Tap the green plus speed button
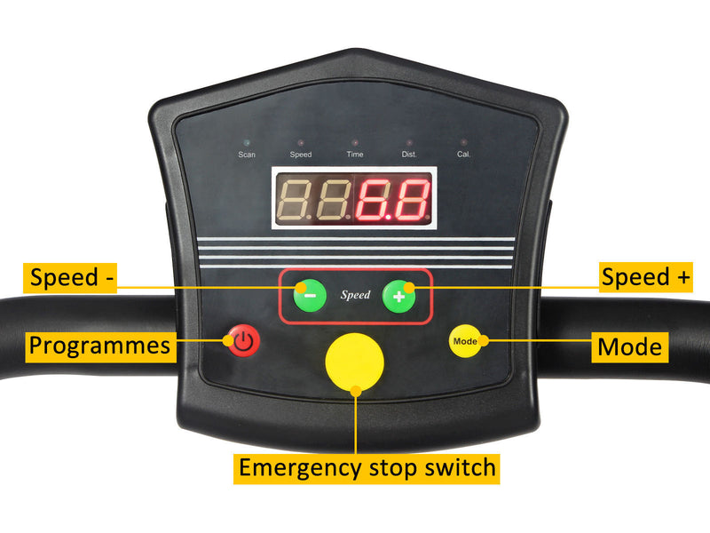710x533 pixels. coord(398,297)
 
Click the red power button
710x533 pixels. coord(243,340)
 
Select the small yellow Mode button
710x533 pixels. coord(465,341)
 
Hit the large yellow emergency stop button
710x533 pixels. coord(354,362)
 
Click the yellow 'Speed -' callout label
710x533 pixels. coord(70,278)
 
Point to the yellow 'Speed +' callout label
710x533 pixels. coord(646,277)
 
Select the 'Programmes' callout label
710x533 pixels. coord(100,347)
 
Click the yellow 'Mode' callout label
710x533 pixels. coord(630,347)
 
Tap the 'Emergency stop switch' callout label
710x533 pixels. coord(367,469)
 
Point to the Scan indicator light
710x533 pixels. coord(247,143)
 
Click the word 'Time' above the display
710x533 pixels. coord(355,154)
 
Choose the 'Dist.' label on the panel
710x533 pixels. coord(409,154)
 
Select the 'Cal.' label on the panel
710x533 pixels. coord(463,154)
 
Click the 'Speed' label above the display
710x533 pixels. coord(301,155)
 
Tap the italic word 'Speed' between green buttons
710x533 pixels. coord(356,295)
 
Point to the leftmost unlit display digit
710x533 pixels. coord(294,200)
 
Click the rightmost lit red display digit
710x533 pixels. coord(411,200)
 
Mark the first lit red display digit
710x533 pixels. coord(373,200)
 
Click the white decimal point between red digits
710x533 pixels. coord(388,218)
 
